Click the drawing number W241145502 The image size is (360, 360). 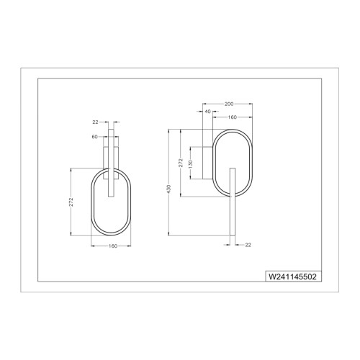pos(292,276)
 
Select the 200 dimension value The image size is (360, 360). pos(229,104)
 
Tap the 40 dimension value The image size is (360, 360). pos(208,112)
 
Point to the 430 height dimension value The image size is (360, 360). pos(169,189)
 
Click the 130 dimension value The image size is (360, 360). pos(191,163)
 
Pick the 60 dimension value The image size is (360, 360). pos(95,137)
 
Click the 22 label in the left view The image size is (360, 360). pos(95,122)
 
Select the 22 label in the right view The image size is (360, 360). pos(248,245)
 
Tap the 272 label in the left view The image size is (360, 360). pos(71,202)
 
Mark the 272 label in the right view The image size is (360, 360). pos(181,163)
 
